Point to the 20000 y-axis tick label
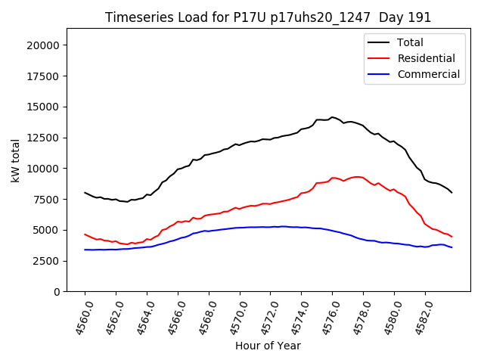43,45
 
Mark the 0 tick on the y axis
57,292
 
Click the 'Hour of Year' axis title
268,346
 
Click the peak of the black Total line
332,117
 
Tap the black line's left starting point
85,193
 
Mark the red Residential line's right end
452,237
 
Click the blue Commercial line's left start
85,250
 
